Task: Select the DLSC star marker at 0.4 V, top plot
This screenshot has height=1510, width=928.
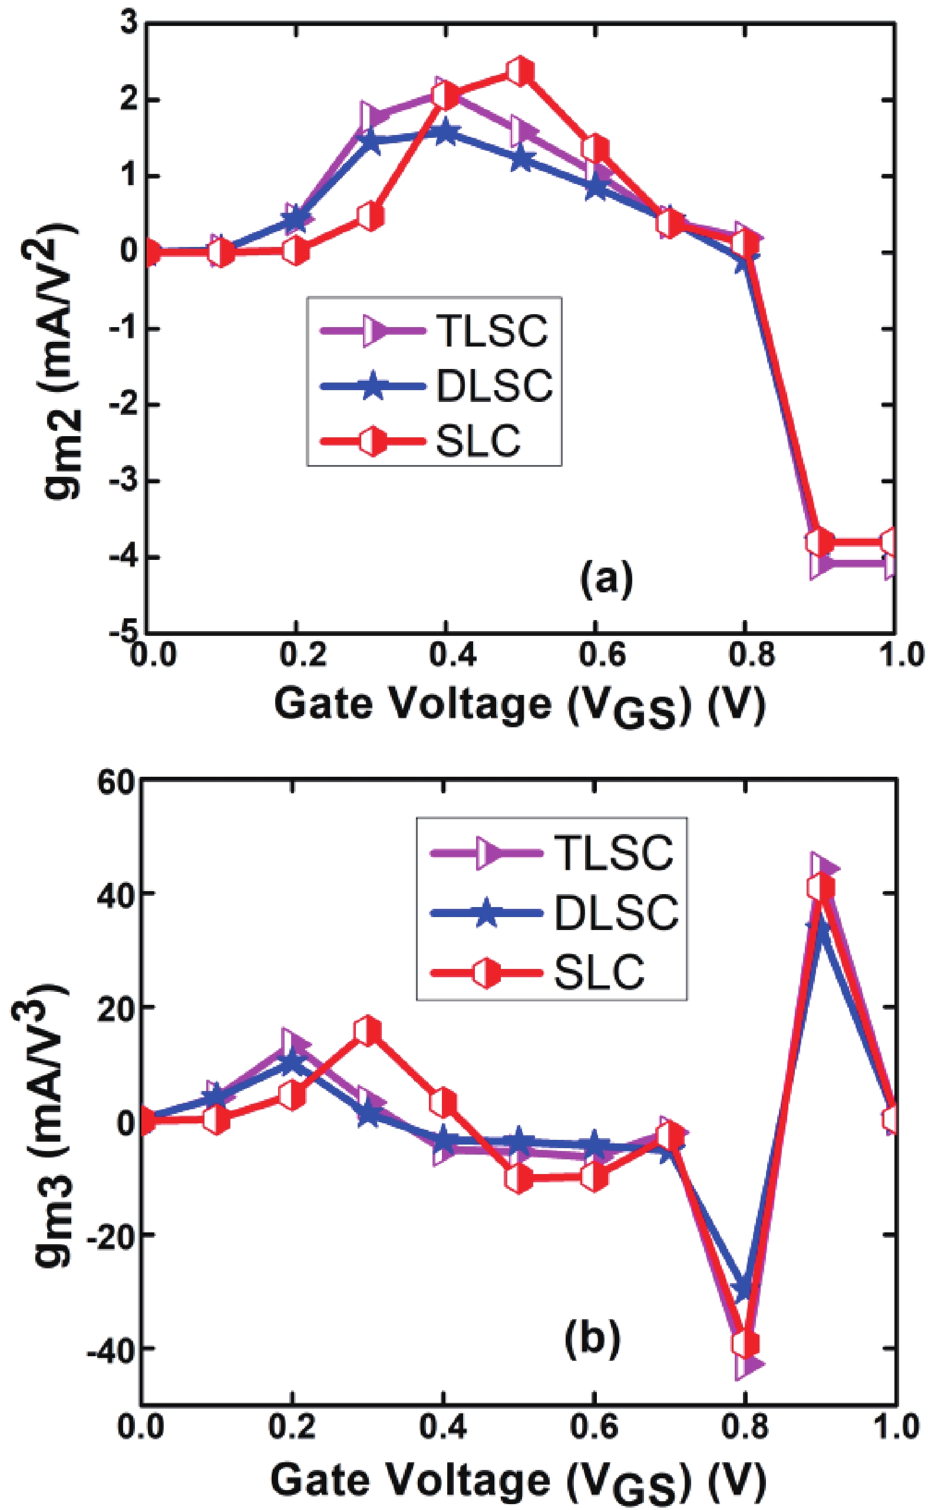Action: (x=445, y=132)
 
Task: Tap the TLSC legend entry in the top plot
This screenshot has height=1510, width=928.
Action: (x=491, y=331)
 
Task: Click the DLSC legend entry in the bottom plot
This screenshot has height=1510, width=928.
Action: (x=616, y=912)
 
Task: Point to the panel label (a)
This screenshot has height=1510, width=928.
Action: (x=606, y=579)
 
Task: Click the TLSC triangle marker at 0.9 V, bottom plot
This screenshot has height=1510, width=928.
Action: (x=823, y=868)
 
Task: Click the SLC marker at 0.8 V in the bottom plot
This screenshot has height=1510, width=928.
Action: (x=745, y=1344)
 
